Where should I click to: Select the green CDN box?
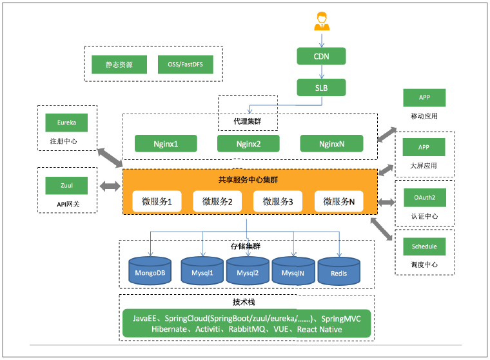coord(321,56)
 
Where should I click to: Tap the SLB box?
coord(321,87)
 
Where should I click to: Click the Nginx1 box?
coord(165,143)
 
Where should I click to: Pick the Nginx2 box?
coord(248,143)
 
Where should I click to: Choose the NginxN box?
coord(331,143)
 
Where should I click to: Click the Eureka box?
coord(66,123)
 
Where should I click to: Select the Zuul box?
coord(66,185)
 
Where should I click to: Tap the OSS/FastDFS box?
coord(185,65)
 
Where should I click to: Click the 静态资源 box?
coord(121,65)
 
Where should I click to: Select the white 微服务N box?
coord(339,202)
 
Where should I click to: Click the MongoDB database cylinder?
coord(150,272)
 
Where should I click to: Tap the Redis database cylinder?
coord(338,272)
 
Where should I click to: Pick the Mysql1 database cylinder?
coord(202,272)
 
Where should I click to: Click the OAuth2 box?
coord(424,196)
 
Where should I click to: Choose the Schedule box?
coord(424,246)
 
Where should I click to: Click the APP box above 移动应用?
coord(424,97)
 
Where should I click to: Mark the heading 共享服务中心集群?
coord(248,179)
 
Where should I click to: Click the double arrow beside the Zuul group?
coord(110,186)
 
